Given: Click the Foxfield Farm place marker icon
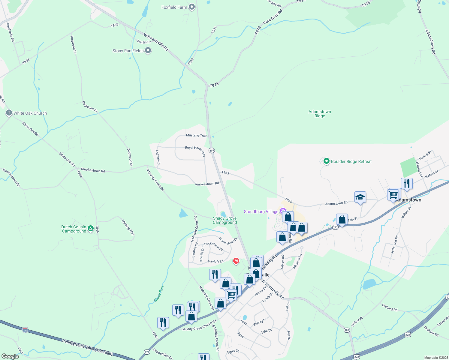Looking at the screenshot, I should [x=192, y=7].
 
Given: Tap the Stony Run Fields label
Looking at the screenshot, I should [x=128, y=51].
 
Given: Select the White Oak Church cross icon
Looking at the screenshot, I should [x=9, y=113].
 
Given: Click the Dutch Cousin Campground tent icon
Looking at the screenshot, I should [x=91, y=229].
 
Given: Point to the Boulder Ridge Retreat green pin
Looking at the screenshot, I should [x=326, y=161].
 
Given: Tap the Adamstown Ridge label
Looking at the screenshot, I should [x=320, y=114].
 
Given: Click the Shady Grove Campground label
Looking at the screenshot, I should [x=225, y=220].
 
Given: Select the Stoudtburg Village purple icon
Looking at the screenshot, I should [x=283, y=211].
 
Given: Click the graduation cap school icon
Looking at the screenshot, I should [x=360, y=197].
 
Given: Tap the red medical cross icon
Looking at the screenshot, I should [x=236, y=261].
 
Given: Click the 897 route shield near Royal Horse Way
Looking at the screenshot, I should [x=212, y=150].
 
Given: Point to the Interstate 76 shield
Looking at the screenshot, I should [x=26, y=330].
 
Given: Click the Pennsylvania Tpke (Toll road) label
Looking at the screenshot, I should [x=87, y=348].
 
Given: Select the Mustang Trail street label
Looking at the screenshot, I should [x=196, y=135].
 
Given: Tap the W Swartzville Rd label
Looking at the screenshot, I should [x=156, y=42].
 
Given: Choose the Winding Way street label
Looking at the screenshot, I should [x=128, y=227].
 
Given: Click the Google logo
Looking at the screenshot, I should [x=10, y=356].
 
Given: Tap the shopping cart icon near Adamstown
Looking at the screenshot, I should [x=393, y=195].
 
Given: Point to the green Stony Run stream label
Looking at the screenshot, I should [x=159, y=294].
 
